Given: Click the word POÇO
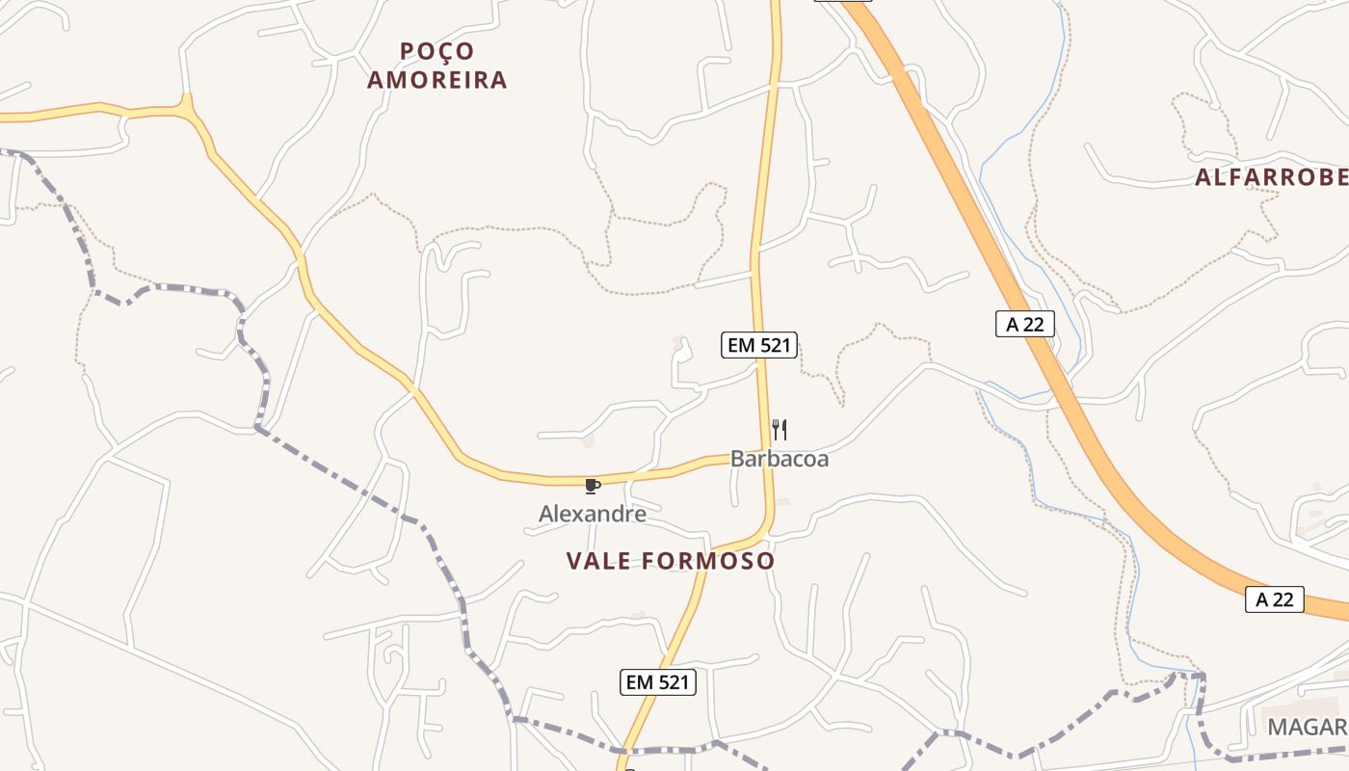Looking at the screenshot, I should [x=437, y=51].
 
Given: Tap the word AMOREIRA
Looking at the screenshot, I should [x=437, y=80].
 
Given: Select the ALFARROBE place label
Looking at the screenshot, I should [x=1271, y=177].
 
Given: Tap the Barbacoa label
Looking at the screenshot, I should [x=779, y=459].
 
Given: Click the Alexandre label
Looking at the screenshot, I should [x=592, y=514].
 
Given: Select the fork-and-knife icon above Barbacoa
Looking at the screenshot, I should [x=780, y=430].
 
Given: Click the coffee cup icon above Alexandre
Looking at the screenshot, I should [x=592, y=486].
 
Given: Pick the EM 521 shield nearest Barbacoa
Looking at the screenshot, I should [x=759, y=345].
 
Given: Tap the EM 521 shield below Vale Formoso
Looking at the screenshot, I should [x=657, y=682].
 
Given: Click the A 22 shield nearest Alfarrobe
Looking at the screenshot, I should [x=1024, y=324].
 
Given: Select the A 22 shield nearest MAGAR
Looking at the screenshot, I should [x=1274, y=599].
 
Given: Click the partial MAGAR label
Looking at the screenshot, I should [x=1307, y=727].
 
